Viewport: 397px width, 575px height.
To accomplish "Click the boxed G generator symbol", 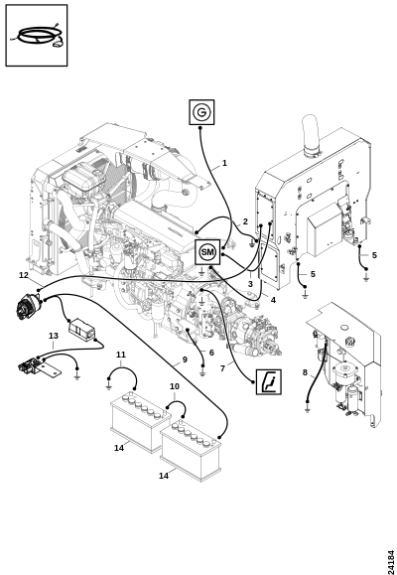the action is coord(201,112).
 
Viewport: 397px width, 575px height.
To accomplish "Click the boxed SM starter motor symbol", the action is coord(207,252).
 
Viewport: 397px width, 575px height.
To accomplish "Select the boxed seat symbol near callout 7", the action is coord(269,381).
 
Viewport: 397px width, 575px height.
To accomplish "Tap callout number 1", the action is coord(224,163).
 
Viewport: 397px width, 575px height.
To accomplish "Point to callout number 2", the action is coord(245,221).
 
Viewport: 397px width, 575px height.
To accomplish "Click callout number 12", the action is coord(24,275).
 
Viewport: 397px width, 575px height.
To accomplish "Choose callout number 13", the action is coord(54,336).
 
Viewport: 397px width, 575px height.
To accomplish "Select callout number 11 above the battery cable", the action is coord(121,355).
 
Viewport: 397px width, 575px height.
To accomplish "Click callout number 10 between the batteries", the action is coord(175,386).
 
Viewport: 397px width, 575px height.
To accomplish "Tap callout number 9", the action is coord(185,359).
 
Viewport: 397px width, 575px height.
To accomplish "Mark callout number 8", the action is coord(305,372).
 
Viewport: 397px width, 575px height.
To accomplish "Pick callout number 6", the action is coord(211,353).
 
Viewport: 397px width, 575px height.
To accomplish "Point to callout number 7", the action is coord(222,368).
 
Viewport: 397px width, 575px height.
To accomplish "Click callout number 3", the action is coord(250,284).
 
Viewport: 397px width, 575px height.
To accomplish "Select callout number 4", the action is coord(273,300).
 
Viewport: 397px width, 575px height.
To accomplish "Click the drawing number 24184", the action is coord(391,562).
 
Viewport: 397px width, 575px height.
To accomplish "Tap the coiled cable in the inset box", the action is coord(37,36).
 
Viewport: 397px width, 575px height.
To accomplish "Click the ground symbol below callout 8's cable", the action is coord(308,408).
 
